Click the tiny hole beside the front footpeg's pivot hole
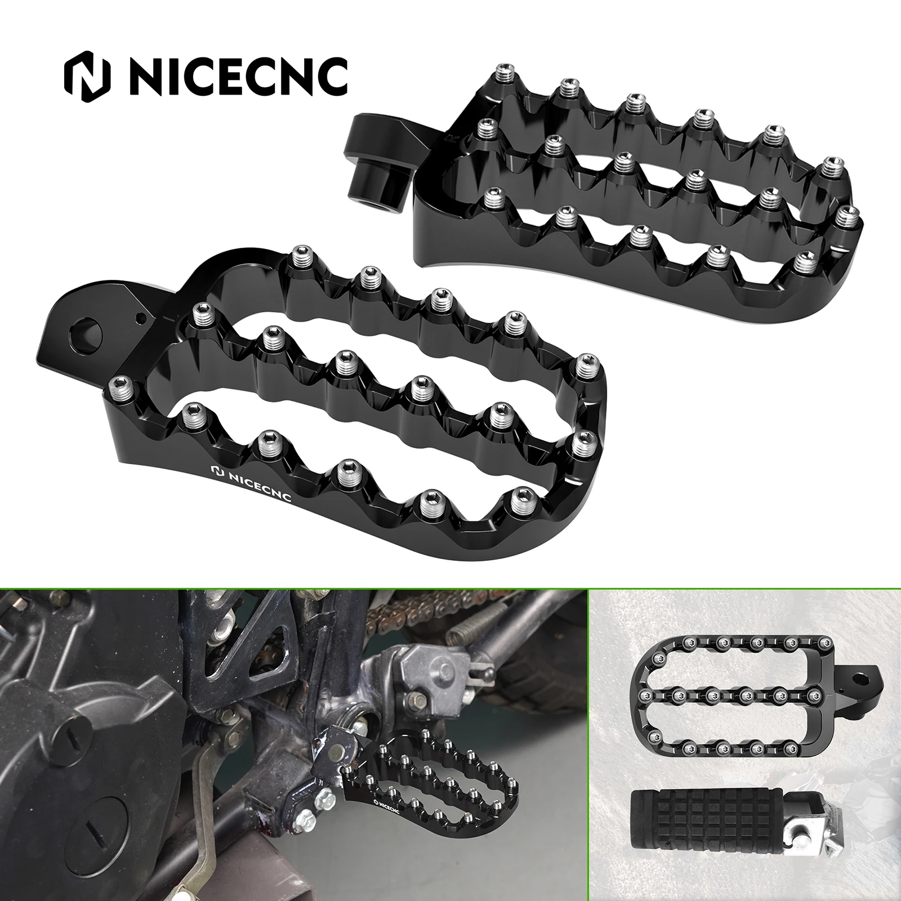pos(141,318)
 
